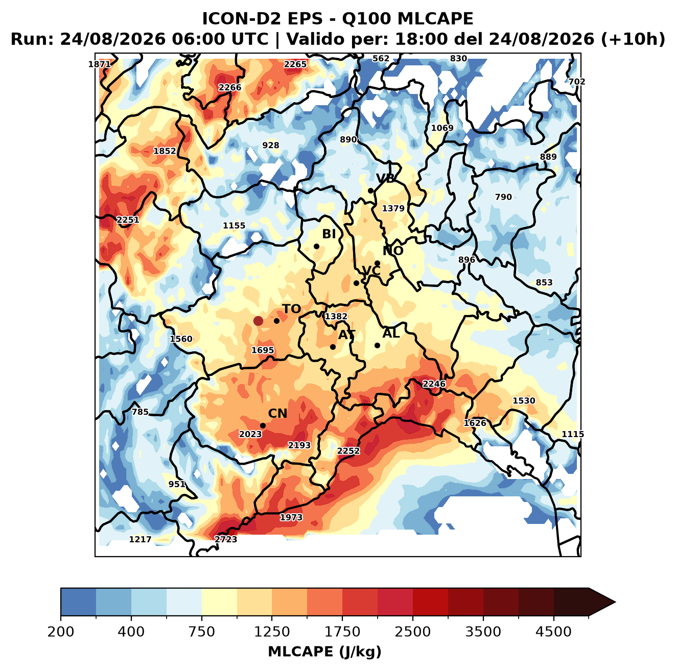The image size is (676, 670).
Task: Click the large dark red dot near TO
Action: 258,321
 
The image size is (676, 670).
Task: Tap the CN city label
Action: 277,414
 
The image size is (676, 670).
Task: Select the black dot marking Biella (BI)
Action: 316,247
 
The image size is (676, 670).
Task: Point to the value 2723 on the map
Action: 225,539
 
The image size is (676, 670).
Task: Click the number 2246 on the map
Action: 434,384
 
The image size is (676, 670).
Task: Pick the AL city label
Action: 391,333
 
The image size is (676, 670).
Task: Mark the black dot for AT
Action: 333,347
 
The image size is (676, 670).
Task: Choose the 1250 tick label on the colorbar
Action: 272,632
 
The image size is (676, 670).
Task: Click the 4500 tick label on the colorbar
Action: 553,632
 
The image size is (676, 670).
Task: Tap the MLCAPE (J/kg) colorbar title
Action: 324,652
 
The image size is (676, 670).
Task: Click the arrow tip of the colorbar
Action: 615,603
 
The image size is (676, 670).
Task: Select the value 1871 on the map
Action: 99,64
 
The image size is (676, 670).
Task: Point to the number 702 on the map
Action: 577,82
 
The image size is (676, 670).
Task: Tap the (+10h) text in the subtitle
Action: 633,39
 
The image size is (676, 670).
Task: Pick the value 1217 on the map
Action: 140,539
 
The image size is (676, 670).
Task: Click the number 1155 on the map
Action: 234,225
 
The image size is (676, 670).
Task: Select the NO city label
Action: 393,251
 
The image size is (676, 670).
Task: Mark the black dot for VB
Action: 370,190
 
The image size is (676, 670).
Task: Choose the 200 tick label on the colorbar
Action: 61,632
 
